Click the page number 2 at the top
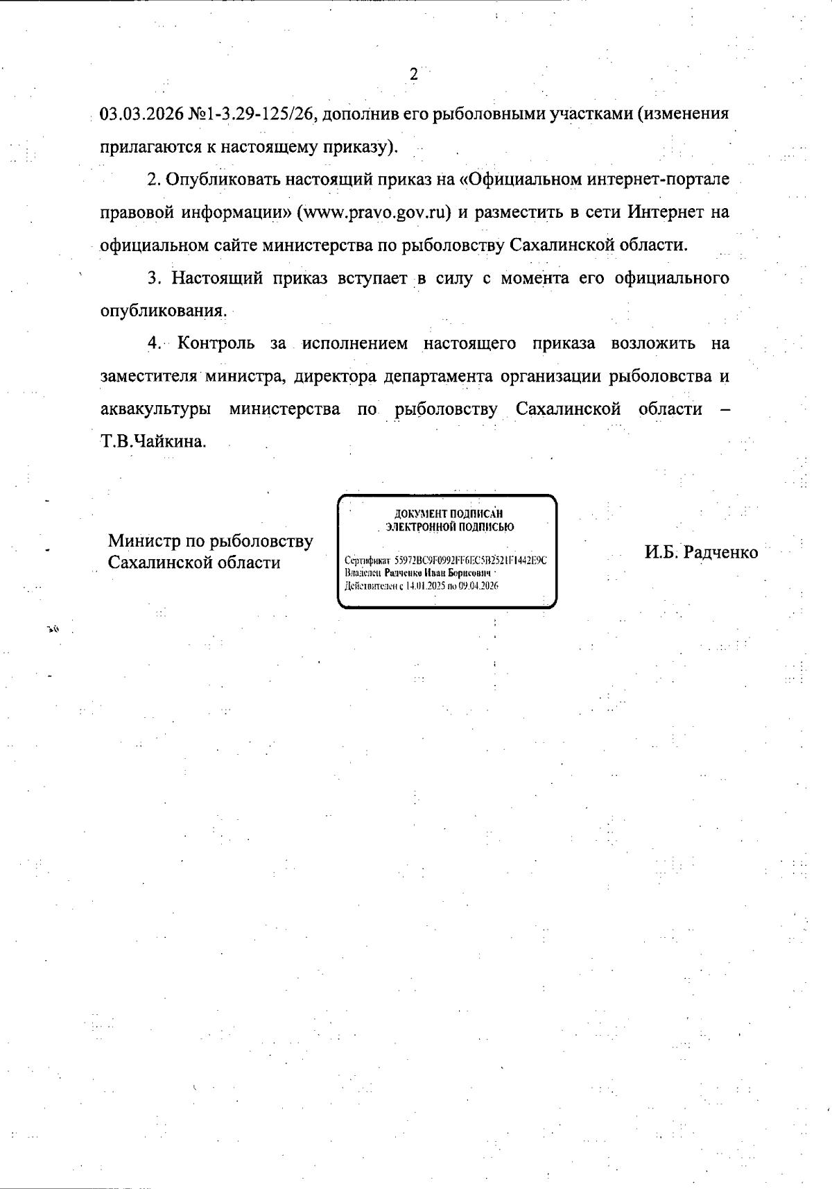point(414,75)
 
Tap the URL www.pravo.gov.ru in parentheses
point(374,212)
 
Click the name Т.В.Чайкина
point(153,442)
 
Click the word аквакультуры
point(156,409)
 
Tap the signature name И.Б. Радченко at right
point(701,553)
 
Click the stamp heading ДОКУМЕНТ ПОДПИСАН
point(448,514)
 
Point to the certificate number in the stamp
point(471,561)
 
